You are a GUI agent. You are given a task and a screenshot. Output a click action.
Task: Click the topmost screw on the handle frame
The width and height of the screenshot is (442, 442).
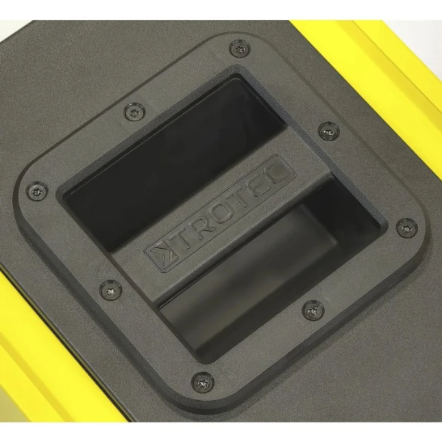(240, 49)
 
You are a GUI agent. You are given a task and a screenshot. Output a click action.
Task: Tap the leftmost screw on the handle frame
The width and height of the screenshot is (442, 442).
(37, 191)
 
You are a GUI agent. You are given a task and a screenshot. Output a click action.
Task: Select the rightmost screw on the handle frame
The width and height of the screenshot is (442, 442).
(407, 228)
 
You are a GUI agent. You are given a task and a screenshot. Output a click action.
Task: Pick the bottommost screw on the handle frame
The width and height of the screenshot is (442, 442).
(203, 382)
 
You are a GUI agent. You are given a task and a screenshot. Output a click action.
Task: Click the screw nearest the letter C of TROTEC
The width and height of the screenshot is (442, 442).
(329, 132)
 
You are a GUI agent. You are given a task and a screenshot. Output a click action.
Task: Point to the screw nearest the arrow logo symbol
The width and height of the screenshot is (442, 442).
(111, 289)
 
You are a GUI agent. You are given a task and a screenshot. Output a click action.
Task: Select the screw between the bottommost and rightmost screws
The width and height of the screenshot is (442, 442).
(313, 310)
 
